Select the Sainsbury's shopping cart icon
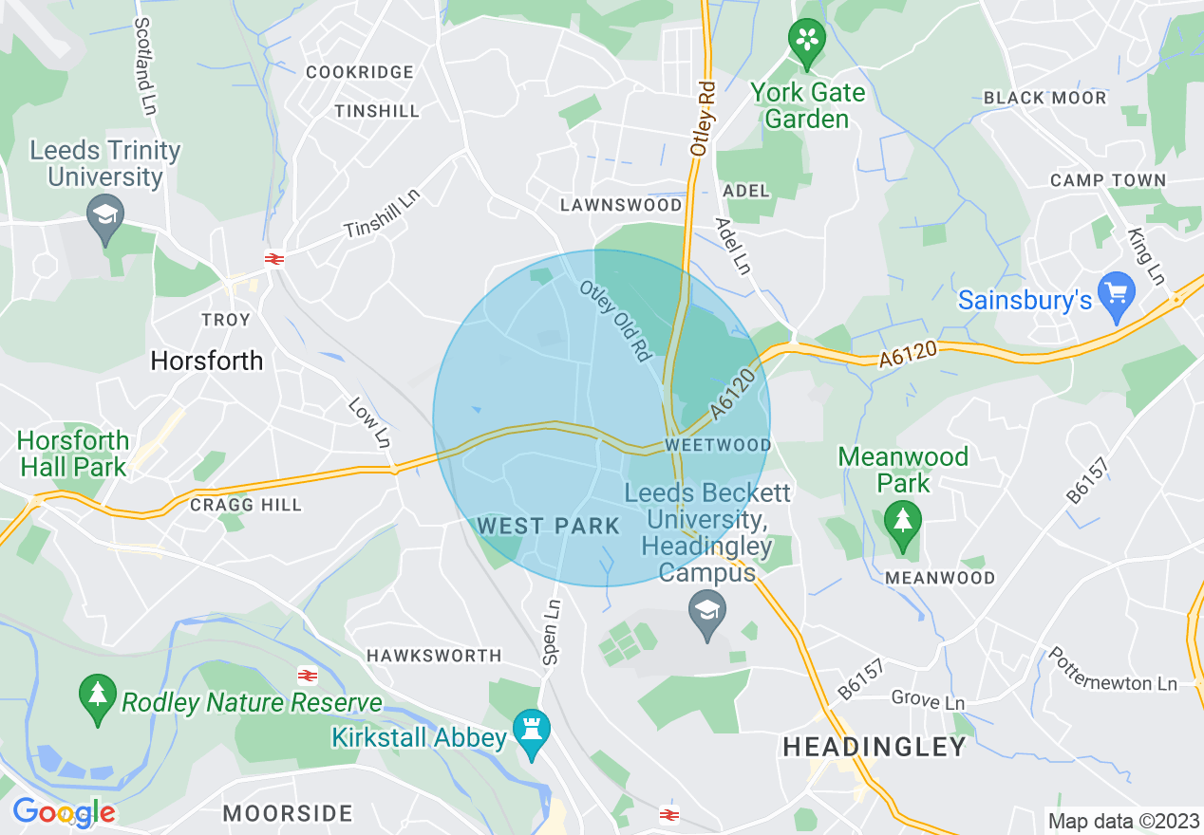[1116, 296]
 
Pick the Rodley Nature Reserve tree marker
[97, 698]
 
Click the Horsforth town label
[207, 361]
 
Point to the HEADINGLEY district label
[874, 747]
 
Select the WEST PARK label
[549, 526]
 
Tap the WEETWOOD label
[718, 444]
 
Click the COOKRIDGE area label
[360, 72]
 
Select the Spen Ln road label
[550, 631]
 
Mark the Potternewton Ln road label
[1112, 670]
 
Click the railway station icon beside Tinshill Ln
[275, 258]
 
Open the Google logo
[64, 812]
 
